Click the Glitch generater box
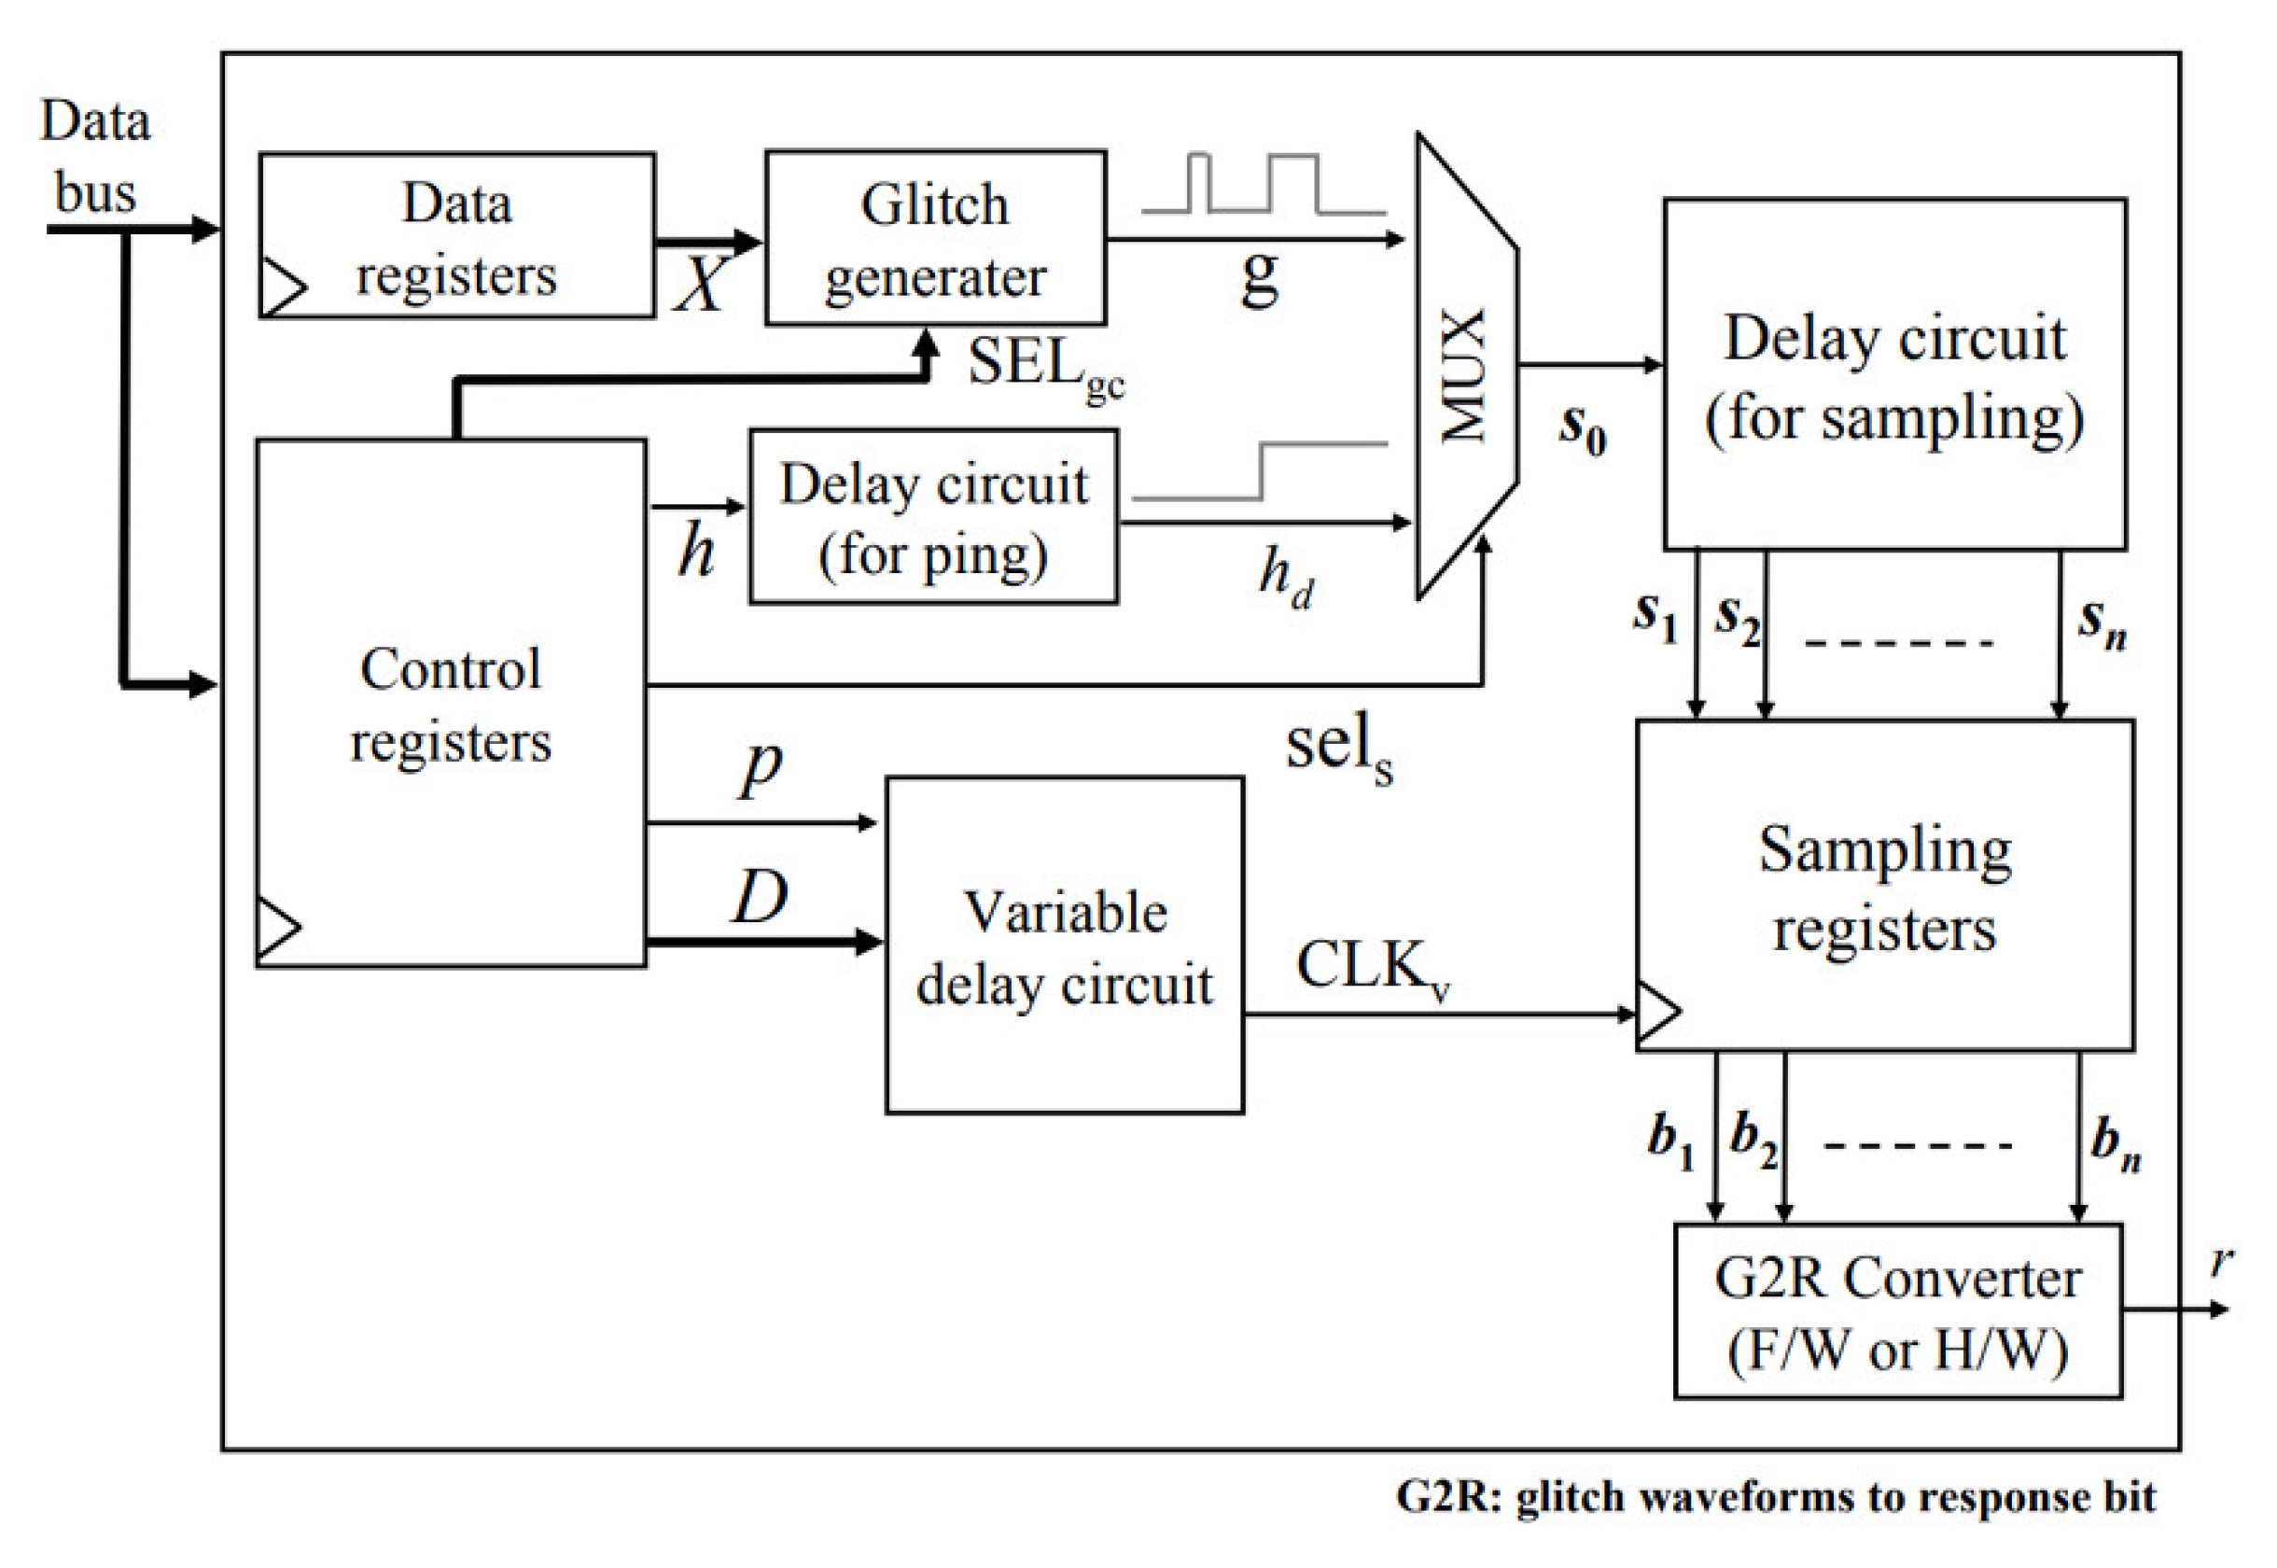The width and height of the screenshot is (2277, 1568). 934,238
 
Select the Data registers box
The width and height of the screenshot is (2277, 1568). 456,236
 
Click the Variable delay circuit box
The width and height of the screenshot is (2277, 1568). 1064,945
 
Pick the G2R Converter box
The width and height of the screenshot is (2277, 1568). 1897,1310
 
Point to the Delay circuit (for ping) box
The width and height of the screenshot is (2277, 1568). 933,517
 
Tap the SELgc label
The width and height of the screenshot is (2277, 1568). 1044,368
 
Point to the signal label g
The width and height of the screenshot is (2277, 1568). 1259,277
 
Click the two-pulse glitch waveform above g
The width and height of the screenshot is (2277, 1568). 1264,184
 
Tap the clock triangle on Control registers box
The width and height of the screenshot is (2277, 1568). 277,927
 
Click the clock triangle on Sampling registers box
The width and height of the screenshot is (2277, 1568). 1658,1013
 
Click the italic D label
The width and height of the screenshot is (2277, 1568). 761,896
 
